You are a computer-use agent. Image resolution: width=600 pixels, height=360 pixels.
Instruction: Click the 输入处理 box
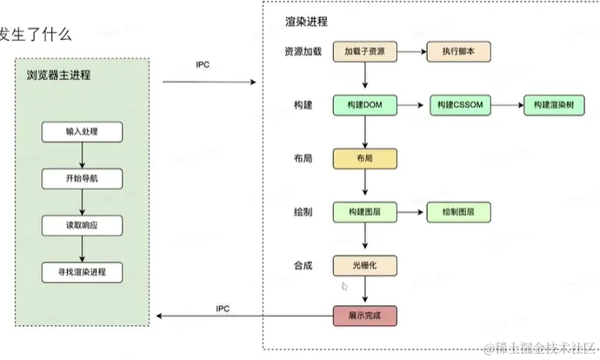coord(82,132)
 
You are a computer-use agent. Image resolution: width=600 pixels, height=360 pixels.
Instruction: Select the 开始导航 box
coord(82,178)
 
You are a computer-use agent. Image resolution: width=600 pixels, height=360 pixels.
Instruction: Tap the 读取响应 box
coord(82,225)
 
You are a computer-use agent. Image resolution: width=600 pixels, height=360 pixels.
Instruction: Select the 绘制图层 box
coord(458,211)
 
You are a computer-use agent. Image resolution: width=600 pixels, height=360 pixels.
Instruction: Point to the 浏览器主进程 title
coord(58,76)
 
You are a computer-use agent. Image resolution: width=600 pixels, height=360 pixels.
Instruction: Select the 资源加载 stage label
coord(302,52)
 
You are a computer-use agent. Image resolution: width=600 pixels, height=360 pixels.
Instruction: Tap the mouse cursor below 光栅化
coord(344,285)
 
